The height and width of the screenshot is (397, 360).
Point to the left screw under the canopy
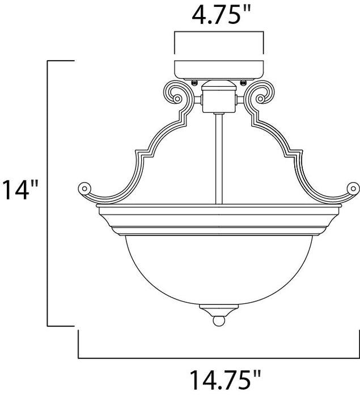coord(196,82)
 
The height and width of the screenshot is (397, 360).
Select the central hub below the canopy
coord(219,98)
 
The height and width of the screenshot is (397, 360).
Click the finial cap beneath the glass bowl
coord(219,310)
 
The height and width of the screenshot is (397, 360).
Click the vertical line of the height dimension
coord(46,193)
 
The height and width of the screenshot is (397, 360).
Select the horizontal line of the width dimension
coord(218,358)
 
